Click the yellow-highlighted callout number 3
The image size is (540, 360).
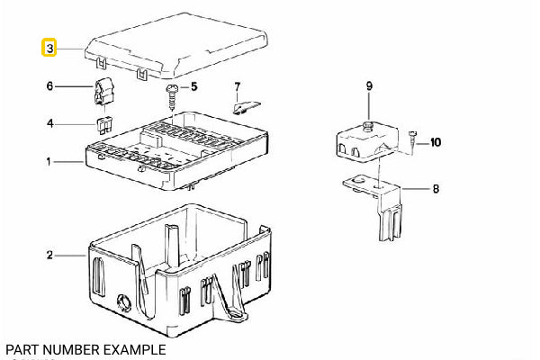[x=50, y=47]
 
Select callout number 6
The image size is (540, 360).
[x=50, y=86]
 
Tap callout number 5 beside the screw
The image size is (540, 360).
[x=193, y=87]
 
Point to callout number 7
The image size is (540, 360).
[x=238, y=87]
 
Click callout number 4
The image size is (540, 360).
[x=50, y=122]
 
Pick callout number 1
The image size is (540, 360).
[x=49, y=163]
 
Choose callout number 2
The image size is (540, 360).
[x=49, y=256]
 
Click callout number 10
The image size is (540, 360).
[x=436, y=142]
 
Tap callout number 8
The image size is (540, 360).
[x=436, y=190]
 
